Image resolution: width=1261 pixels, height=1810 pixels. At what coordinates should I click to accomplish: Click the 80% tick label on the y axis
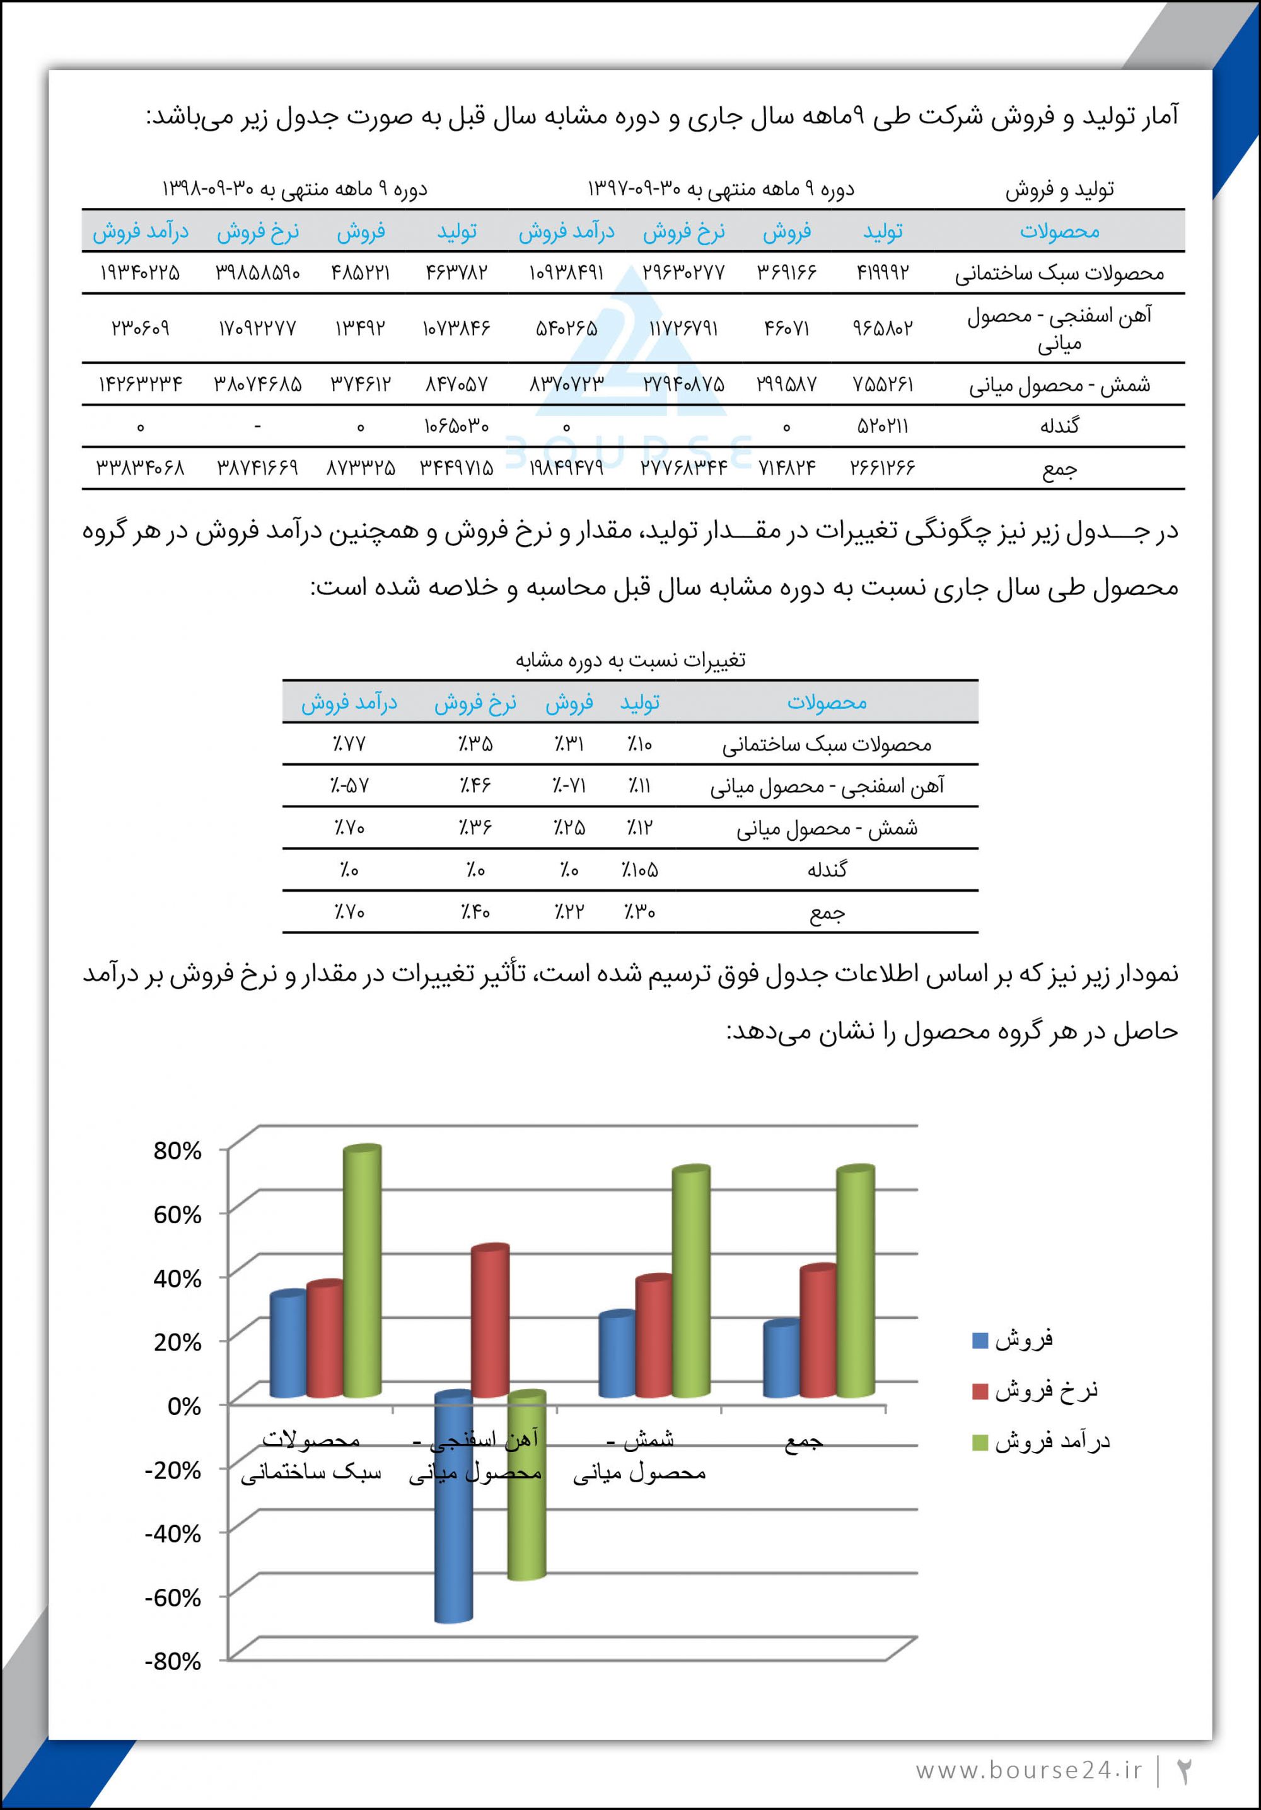(177, 1151)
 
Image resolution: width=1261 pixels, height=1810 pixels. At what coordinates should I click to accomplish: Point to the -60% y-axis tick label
(173, 1597)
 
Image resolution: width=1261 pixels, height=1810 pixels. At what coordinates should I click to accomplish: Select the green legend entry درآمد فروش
(1041, 1442)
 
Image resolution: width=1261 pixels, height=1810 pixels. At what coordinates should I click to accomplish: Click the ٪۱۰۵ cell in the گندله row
(639, 870)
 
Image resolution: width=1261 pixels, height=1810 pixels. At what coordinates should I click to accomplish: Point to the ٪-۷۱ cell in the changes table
(569, 786)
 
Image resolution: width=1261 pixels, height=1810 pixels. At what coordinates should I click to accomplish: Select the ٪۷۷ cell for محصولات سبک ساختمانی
(349, 744)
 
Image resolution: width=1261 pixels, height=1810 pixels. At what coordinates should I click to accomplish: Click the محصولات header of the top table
(1059, 231)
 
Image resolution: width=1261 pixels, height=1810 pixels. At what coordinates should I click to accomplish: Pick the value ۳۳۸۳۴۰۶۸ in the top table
(141, 468)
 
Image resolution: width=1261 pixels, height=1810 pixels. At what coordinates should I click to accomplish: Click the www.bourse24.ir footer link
(1028, 1770)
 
